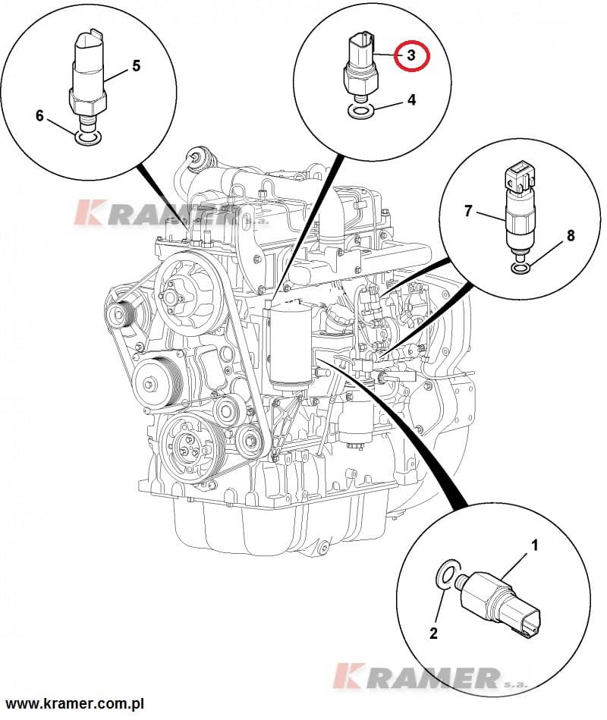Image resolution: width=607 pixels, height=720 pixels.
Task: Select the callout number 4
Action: (x=412, y=99)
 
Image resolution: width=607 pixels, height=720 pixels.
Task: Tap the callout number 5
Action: (x=137, y=66)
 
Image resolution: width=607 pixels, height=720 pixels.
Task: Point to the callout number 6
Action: (x=40, y=116)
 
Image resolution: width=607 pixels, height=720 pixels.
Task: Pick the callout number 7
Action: (x=469, y=211)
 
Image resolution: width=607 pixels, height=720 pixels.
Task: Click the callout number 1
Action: (x=535, y=545)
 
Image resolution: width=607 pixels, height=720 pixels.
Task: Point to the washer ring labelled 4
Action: (x=360, y=112)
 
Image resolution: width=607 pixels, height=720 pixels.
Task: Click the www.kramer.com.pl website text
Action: (x=75, y=705)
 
